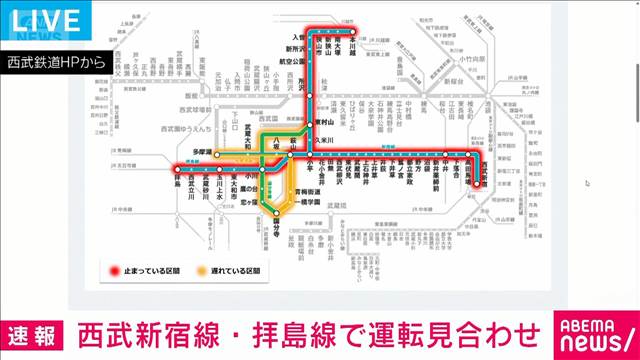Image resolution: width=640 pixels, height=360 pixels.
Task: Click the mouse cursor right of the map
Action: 587,182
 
